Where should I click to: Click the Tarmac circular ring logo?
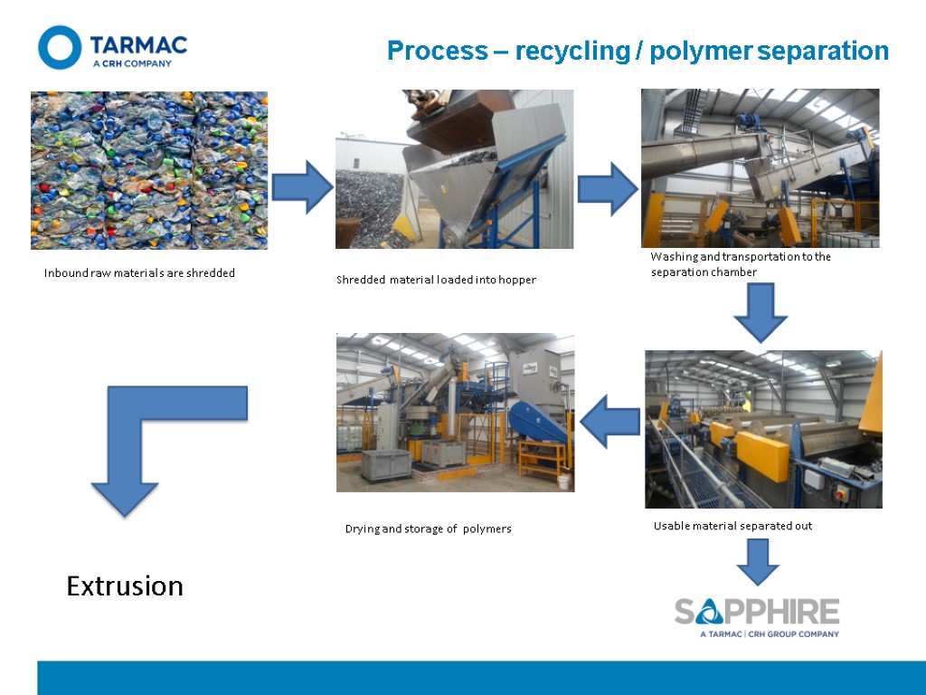click(x=60, y=47)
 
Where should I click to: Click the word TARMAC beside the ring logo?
click(x=138, y=43)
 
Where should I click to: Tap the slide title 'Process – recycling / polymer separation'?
click(x=638, y=51)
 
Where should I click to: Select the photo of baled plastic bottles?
click(x=149, y=170)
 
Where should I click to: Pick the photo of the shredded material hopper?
click(x=454, y=169)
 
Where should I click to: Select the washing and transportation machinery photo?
click(x=760, y=167)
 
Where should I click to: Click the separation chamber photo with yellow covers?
click(x=763, y=429)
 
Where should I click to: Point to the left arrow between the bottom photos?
click(x=610, y=424)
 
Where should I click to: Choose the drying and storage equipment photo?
click(x=455, y=413)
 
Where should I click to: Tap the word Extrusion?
click(x=125, y=586)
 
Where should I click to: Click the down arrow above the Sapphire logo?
click(x=758, y=561)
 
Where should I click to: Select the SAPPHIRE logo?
click(x=757, y=615)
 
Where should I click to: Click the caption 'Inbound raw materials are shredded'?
click(x=139, y=273)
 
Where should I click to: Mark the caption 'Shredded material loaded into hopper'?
click(x=436, y=281)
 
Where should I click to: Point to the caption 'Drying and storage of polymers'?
click(x=428, y=529)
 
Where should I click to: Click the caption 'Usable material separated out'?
click(x=732, y=526)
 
